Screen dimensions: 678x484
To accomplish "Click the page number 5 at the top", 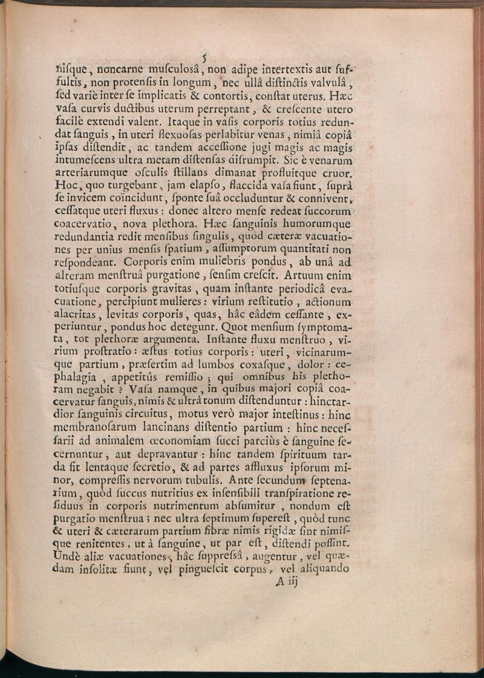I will pos(206,58).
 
